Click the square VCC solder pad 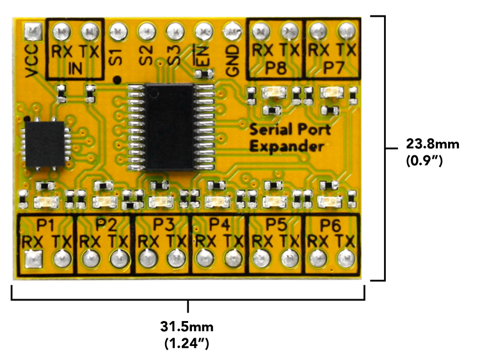(x=33, y=30)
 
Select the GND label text (x=232, y=61)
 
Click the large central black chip (x=170, y=127)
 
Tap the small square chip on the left (x=44, y=146)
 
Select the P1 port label (x=46, y=225)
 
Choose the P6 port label (x=331, y=225)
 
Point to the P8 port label (x=276, y=66)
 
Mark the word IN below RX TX (x=76, y=68)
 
